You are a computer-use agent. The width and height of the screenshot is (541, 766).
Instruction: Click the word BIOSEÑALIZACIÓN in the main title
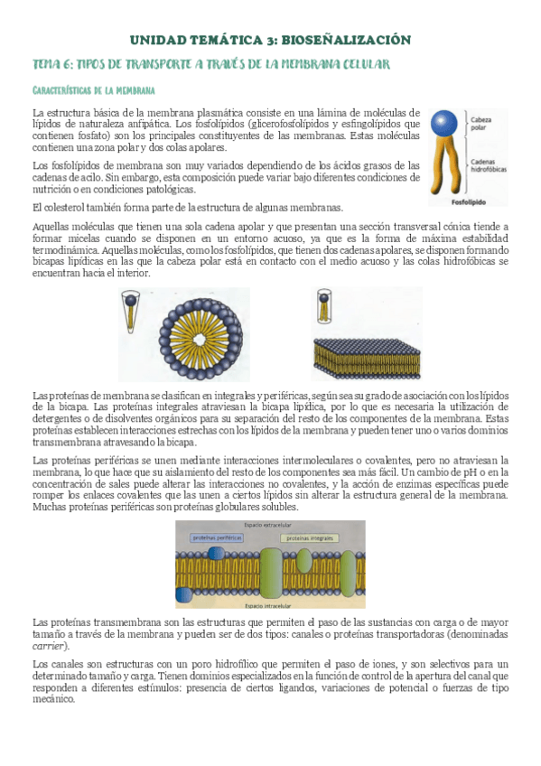coord(346,40)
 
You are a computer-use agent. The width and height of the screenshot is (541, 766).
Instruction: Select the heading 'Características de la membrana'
coord(93,90)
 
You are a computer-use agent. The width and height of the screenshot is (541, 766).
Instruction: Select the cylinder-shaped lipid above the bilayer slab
coord(324,308)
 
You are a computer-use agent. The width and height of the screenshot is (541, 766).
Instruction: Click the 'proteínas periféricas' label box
coord(215,537)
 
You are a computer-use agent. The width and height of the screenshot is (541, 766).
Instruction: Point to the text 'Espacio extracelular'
coord(207,525)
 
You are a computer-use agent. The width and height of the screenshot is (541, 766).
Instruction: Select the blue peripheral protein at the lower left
coord(184,593)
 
